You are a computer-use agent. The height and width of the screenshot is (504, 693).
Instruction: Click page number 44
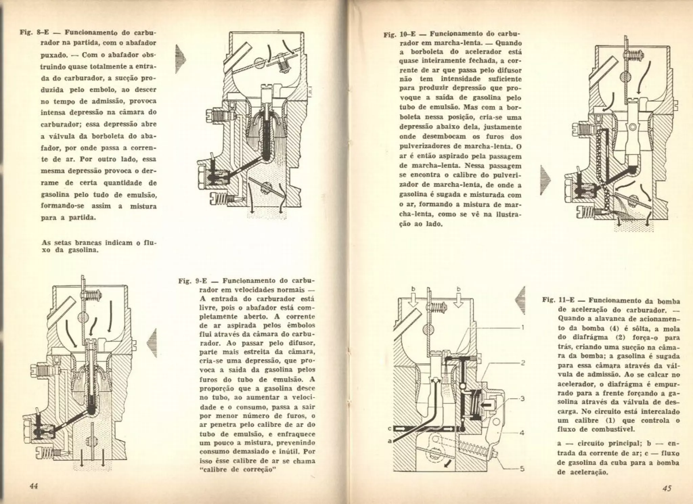pos(33,486)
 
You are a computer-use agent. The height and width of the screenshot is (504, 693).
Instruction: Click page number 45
pos(667,488)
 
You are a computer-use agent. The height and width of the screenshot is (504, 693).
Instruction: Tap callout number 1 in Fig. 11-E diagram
pos(523,327)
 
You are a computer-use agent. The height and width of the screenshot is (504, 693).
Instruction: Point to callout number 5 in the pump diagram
pos(522,469)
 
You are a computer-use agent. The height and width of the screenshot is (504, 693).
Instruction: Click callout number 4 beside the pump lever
pos(522,433)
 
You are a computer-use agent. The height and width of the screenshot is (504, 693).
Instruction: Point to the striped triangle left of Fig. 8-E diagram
pos(180,59)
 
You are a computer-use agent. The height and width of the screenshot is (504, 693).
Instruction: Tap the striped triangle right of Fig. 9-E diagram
pos(152,343)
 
